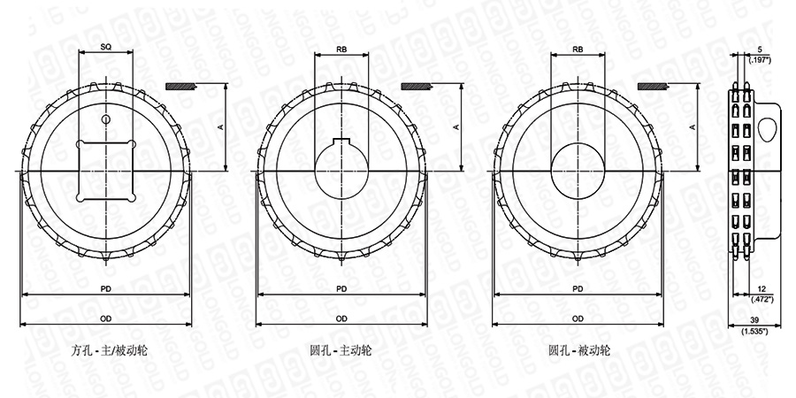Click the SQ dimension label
105,47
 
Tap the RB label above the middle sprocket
341,50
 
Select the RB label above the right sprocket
578,50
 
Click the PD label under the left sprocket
105,289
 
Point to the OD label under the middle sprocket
341,318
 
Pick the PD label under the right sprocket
578,289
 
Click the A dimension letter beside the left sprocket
220,126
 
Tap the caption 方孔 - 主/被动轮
110,350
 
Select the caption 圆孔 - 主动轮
341,350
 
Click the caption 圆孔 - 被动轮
579,350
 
